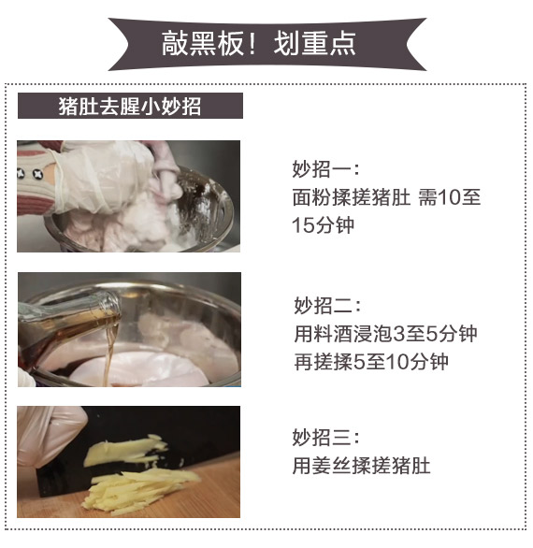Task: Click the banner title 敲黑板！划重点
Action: [x=258, y=43]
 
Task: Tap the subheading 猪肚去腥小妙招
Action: [x=130, y=106]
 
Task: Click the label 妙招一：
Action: [x=325, y=169]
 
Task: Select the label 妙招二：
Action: [x=327, y=306]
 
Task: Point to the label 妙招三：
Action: [x=325, y=438]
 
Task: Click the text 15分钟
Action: [x=323, y=224]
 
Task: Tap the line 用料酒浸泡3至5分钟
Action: [x=385, y=334]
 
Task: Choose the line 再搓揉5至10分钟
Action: [x=371, y=361]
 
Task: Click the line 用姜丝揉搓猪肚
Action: [x=361, y=465]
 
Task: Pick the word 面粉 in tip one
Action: [x=311, y=197]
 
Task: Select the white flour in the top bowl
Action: [x=151, y=219]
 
